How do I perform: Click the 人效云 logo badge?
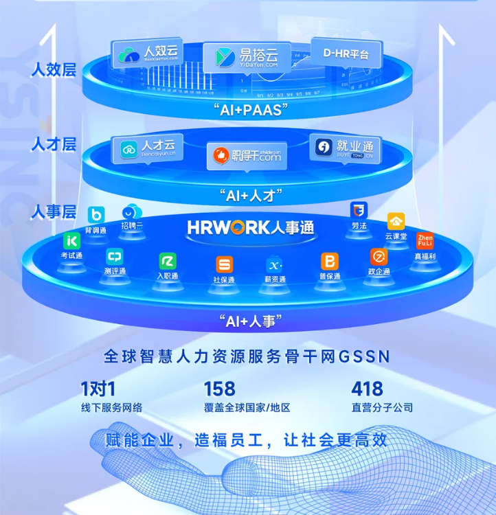coord(147,54)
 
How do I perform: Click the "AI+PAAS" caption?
coord(247,109)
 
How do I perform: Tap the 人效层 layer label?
coord(53,71)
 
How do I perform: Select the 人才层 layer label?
coord(53,144)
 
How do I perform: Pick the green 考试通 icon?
coord(72,241)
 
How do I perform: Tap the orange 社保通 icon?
coord(224,264)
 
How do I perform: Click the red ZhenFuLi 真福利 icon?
coord(425,242)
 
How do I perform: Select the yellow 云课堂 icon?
coord(396,222)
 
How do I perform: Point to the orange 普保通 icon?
coord(330,262)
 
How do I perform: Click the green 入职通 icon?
coord(168,261)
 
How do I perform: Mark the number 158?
coord(219,389)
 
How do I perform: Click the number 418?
coord(367,389)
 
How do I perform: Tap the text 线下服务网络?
coord(112,408)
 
